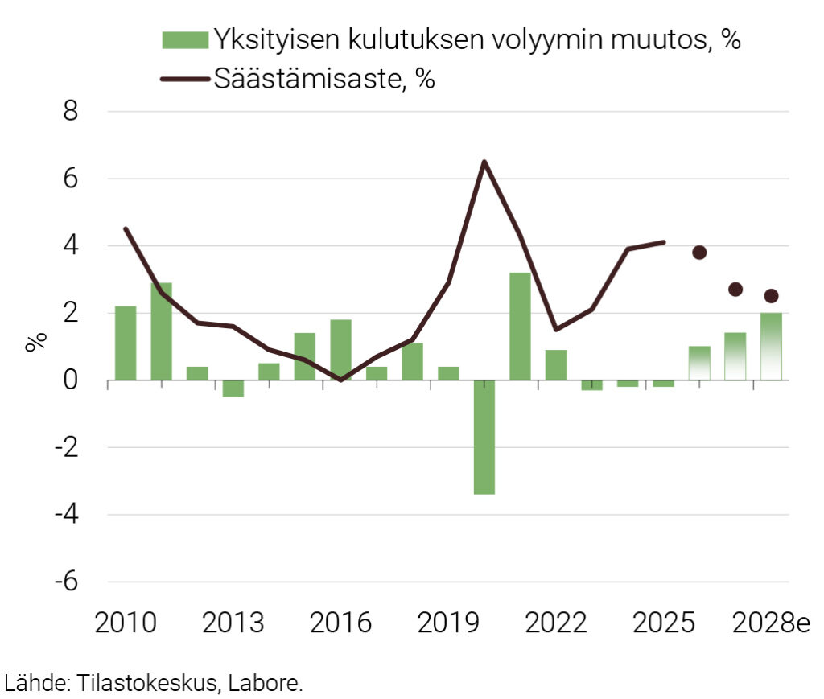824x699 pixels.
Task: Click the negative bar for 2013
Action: point(233,388)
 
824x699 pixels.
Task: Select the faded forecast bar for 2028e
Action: point(771,347)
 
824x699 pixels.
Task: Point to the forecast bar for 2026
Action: point(699,363)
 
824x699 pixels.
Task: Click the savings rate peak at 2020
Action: point(484,162)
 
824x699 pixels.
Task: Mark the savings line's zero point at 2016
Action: point(340,380)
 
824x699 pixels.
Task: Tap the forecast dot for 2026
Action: point(699,253)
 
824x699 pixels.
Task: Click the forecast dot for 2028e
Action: point(771,296)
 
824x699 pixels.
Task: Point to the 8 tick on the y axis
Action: point(71,111)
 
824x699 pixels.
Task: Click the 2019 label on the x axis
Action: point(448,623)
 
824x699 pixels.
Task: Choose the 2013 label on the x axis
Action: point(234,623)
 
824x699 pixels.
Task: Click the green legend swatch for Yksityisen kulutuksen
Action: point(185,39)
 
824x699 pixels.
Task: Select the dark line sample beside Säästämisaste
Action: point(185,79)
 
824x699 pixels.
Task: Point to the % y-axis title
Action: point(35,340)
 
